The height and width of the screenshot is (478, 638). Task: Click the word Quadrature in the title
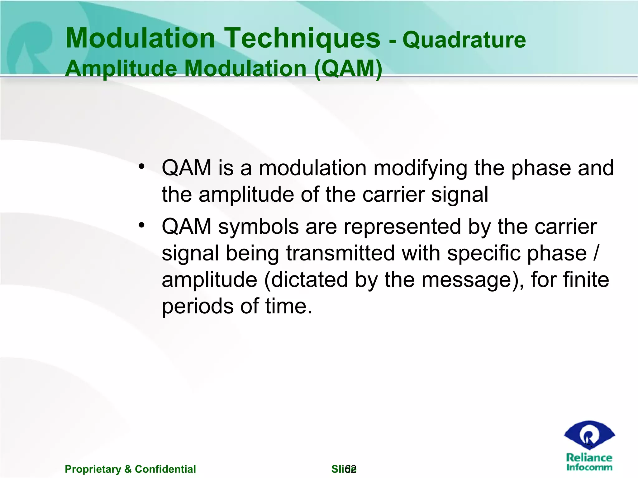click(464, 40)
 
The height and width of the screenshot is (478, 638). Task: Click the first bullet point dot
click(142, 166)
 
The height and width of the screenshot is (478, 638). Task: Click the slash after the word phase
click(595, 253)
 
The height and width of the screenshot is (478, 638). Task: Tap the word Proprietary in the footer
click(93, 469)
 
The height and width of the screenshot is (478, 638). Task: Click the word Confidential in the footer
click(165, 469)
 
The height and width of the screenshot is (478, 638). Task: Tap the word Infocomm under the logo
click(589, 467)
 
